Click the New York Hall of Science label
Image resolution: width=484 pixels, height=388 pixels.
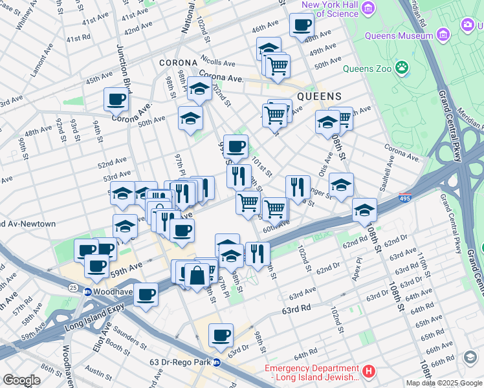[x=330, y=9]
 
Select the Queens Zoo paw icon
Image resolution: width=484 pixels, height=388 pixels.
[x=402, y=67]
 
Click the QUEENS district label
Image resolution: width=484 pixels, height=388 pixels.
[x=319, y=96]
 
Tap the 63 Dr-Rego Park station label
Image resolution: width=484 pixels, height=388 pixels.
[x=177, y=361]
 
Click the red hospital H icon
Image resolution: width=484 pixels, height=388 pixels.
[x=368, y=372]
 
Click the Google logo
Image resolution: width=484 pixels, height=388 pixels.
[x=22, y=380]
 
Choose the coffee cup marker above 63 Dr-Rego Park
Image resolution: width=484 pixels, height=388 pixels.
[x=221, y=335]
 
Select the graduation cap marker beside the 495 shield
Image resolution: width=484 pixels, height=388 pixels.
[x=364, y=210]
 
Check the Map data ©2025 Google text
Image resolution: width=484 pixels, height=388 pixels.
[x=444, y=383]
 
